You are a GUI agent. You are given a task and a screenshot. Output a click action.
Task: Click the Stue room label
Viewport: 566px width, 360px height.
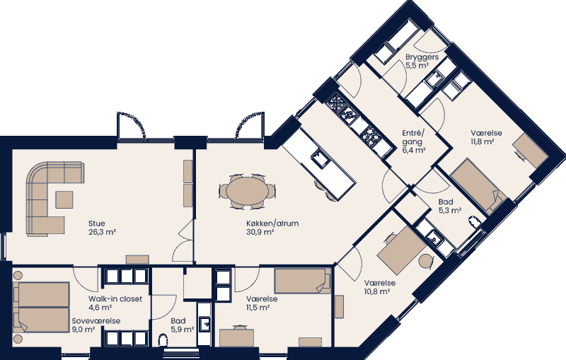click(x=97, y=222)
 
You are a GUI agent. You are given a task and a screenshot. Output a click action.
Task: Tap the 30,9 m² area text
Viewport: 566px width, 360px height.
click(x=260, y=232)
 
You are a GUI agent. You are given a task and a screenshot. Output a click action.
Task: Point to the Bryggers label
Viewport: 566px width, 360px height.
click(x=422, y=57)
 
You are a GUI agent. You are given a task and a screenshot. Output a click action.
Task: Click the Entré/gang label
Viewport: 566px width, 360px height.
click(x=413, y=137)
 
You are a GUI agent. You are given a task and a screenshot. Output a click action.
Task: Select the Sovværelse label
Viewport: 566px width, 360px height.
click(x=96, y=321)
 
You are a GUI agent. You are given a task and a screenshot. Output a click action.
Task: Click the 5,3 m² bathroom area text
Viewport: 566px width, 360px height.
click(x=449, y=210)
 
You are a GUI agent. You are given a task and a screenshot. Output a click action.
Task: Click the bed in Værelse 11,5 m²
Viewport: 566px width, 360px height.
click(x=302, y=281)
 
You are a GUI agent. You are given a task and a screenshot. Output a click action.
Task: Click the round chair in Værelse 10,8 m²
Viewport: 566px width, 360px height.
click(x=425, y=262)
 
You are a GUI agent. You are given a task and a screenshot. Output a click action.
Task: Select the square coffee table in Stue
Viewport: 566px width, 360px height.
click(x=64, y=200)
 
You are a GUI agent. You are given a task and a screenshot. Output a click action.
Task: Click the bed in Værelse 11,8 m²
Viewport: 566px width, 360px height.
click(x=475, y=185)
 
